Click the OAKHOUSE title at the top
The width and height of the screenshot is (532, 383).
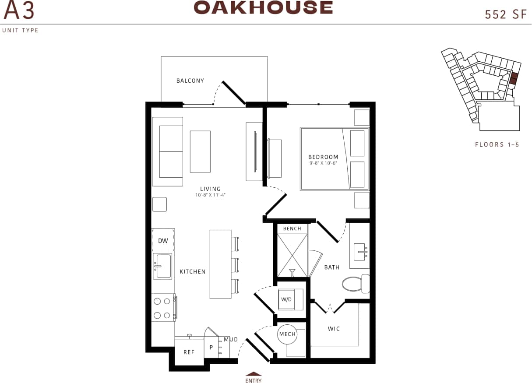[263, 7]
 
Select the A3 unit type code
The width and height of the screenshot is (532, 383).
[19, 11]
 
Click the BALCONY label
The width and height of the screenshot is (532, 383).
[190, 81]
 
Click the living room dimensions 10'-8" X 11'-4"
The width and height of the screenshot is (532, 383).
[210, 195]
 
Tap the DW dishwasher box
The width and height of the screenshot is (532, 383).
[163, 240]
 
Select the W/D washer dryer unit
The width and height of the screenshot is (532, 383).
[286, 300]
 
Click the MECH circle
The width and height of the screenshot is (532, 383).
[288, 335]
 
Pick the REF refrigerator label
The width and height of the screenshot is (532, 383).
[189, 352]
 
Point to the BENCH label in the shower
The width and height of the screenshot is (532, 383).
[292, 228]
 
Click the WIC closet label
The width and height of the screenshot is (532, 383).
[334, 329]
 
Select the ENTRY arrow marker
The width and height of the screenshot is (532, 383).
[254, 374]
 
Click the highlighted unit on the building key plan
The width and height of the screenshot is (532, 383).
[514, 78]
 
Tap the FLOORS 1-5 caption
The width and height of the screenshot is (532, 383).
[497, 144]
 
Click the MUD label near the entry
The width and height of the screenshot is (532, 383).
[231, 339]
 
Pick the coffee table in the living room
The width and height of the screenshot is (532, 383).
[200, 151]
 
